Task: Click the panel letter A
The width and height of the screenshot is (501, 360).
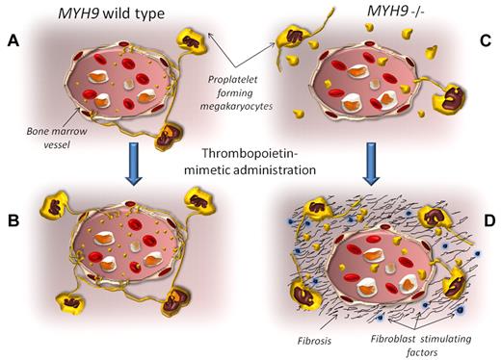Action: coord(13,43)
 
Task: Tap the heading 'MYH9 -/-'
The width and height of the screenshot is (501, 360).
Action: coord(377,13)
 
